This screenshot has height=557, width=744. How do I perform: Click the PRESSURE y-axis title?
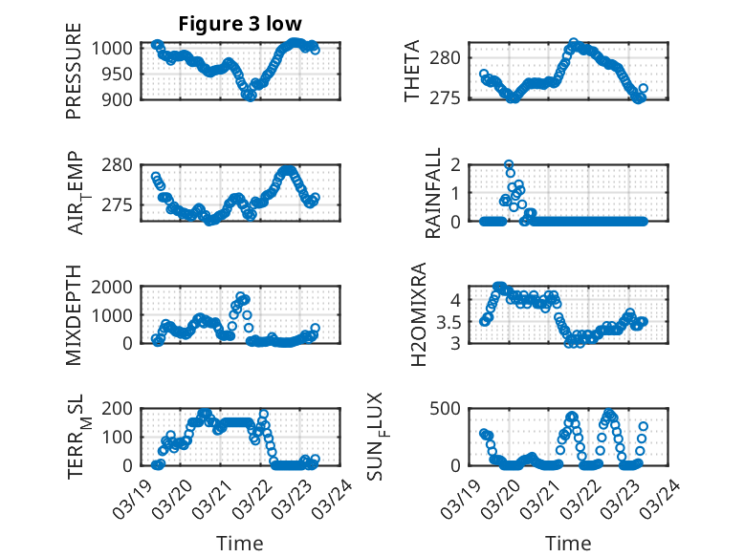click(75, 77)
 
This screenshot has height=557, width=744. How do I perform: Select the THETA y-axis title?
click(412, 71)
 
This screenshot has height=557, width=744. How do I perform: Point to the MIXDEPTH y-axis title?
click(75, 316)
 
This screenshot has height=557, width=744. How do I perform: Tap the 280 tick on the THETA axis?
click(452, 57)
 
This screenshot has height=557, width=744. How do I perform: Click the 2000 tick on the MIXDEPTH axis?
click(114, 287)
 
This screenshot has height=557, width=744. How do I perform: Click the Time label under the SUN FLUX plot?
click(568, 544)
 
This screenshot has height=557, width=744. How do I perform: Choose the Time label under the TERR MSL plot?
click(239, 544)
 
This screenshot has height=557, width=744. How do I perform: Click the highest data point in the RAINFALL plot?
click(509, 164)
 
